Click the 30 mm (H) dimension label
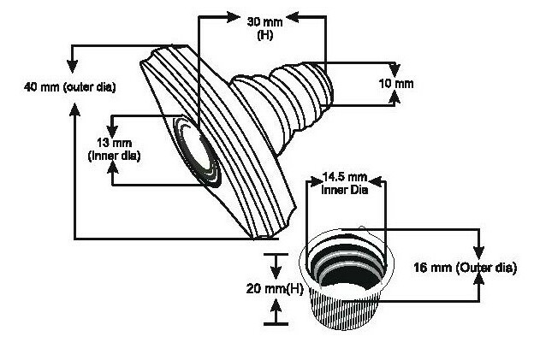[x=264, y=28]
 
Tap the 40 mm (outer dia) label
[x=70, y=87]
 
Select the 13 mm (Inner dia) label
[x=114, y=149]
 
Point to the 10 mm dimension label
[x=396, y=84]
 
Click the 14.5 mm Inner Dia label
[x=345, y=183]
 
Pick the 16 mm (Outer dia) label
[x=466, y=268]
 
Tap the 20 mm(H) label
[x=275, y=289]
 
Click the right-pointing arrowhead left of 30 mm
[x=234, y=17]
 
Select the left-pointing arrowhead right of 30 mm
[x=293, y=17]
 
